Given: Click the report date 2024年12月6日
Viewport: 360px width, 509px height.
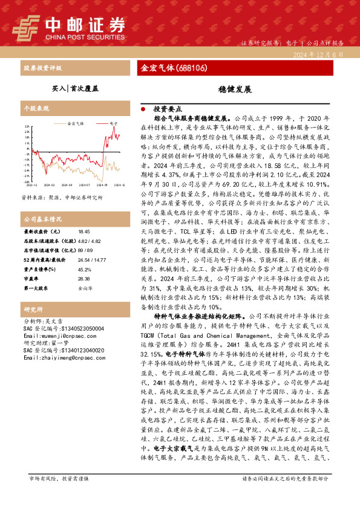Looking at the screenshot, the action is pyautogui.click(x=321, y=54).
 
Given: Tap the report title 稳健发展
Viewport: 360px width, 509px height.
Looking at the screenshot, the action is pyautogui.click(x=234, y=88).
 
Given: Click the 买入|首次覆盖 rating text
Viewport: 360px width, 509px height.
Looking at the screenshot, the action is pyautogui.click(x=76, y=88).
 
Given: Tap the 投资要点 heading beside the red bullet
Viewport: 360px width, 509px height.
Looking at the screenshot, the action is pyautogui.click(x=168, y=109).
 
